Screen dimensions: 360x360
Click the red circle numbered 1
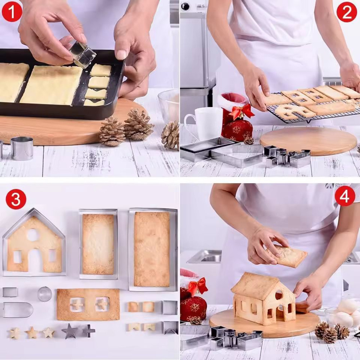(x=12, y=12)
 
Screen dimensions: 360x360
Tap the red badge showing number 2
(x=347, y=12)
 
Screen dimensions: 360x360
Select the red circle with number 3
(x=16, y=199)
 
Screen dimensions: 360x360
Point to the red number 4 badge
(x=345, y=196)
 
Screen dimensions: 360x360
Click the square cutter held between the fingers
(x=83, y=55)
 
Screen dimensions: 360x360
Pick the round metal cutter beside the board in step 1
(x=22, y=148)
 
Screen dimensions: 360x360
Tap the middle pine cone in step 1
(x=138, y=124)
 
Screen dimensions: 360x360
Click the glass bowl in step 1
(x=169, y=104)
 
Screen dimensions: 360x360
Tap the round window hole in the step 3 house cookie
(x=33, y=235)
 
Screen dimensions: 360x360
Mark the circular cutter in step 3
(x=45, y=294)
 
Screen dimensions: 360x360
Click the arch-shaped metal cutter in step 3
(x=18, y=310)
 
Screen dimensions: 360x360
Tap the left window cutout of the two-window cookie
(x=77, y=304)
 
